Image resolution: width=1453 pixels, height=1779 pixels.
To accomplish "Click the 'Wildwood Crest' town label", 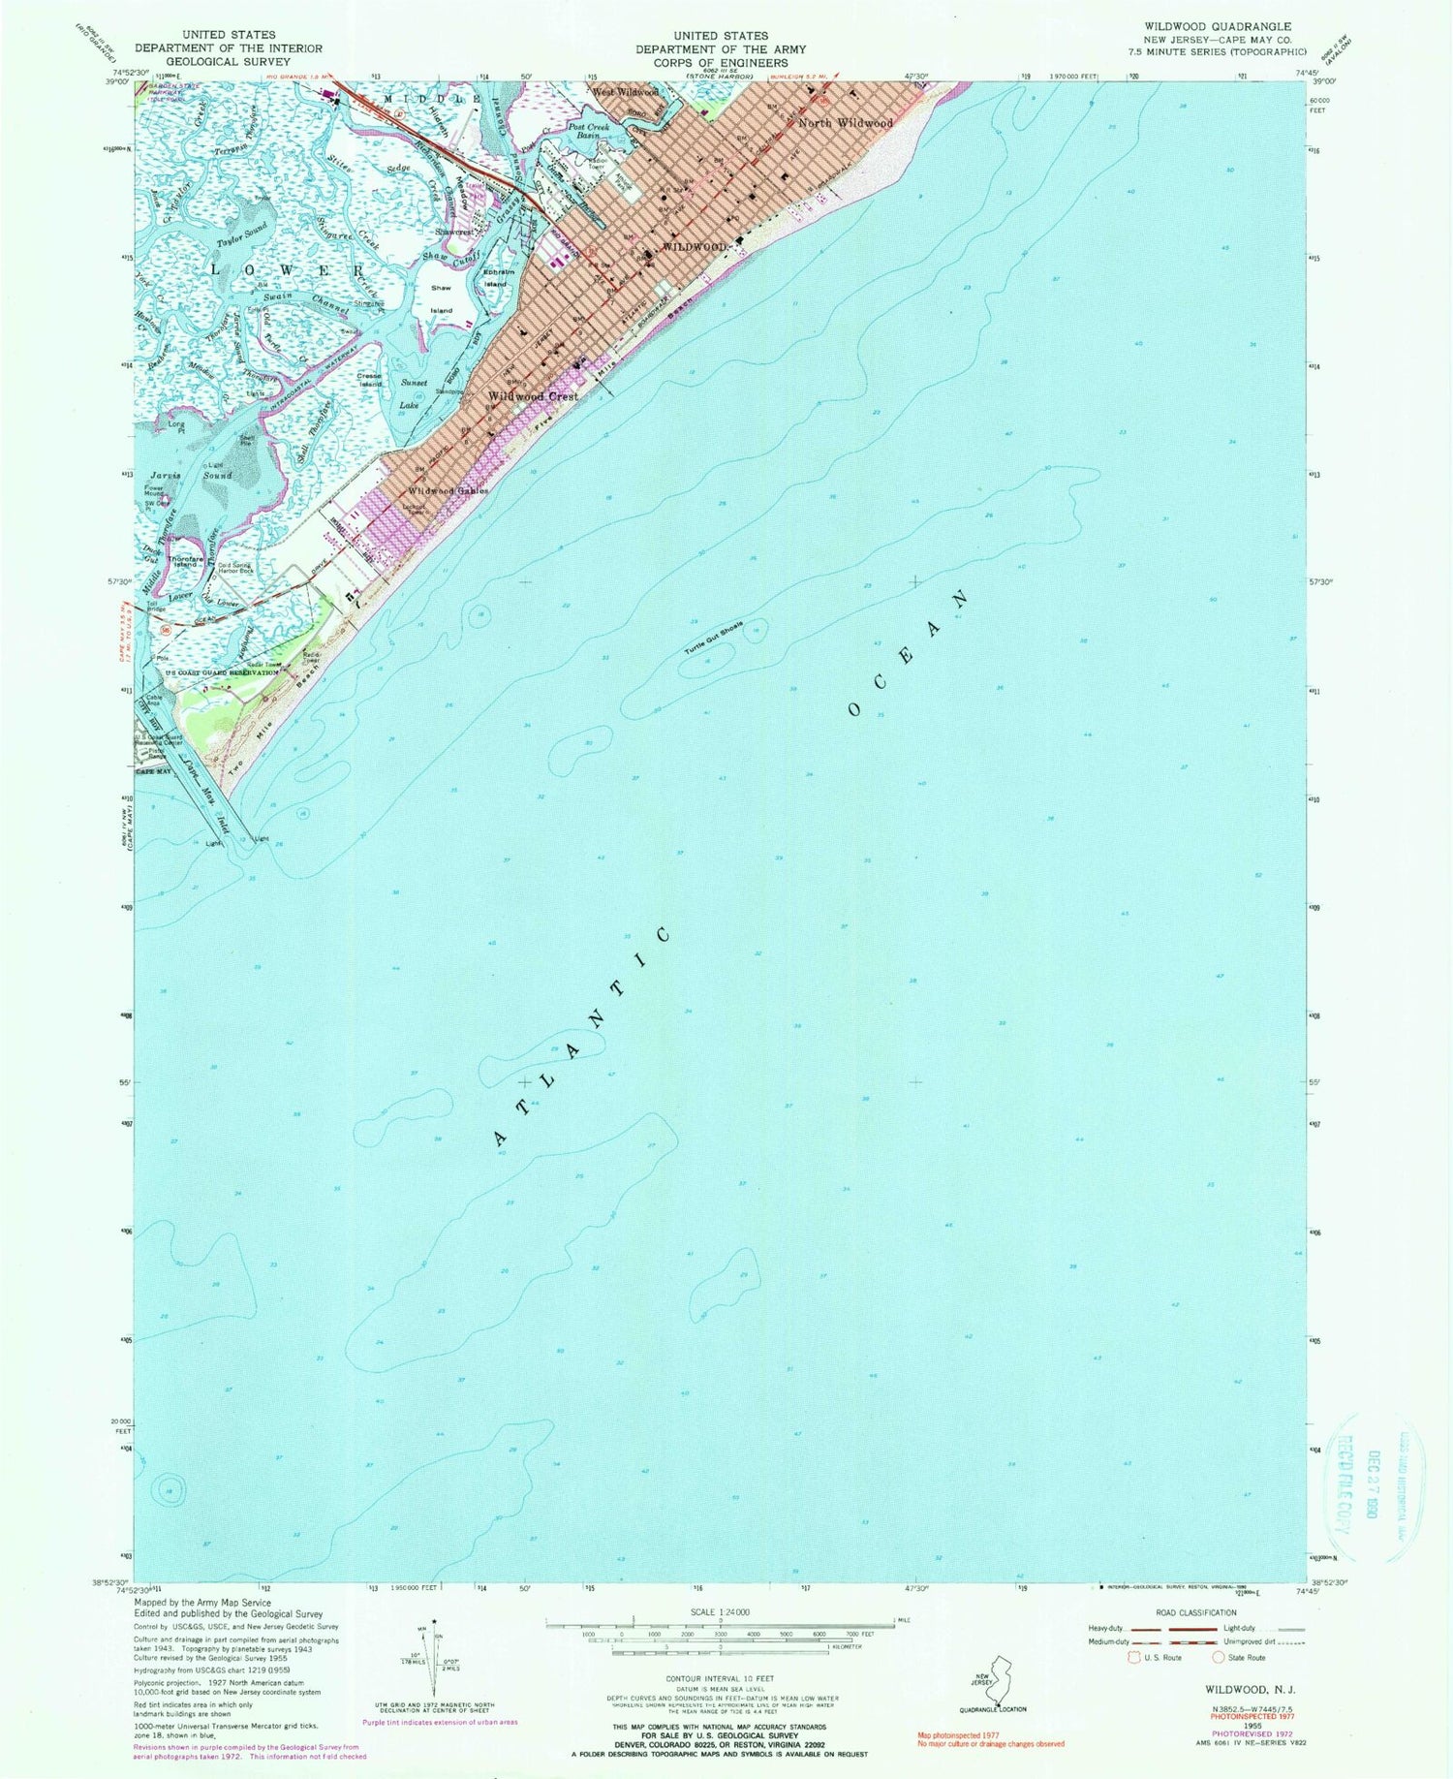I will point(533,396).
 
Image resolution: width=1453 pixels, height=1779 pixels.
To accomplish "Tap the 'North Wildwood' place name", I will point(845,124).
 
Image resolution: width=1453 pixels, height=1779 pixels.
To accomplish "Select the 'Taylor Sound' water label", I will point(241,237).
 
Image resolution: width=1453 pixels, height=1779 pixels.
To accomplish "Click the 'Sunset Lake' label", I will point(412,393).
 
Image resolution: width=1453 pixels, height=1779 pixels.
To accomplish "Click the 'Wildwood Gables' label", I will point(447,491).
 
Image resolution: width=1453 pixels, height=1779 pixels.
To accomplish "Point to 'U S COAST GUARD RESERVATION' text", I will point(222,671).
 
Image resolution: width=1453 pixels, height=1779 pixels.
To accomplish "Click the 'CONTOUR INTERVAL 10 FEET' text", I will point(721,1677).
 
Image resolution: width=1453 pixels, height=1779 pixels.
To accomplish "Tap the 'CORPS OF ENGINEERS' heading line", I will point(721,62).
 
